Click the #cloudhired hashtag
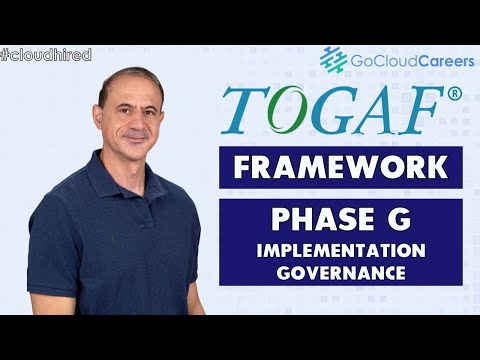point(46,54)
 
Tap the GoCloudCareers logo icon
point(333,60)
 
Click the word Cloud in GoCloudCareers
point(384,61)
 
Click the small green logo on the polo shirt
point(113,237)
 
